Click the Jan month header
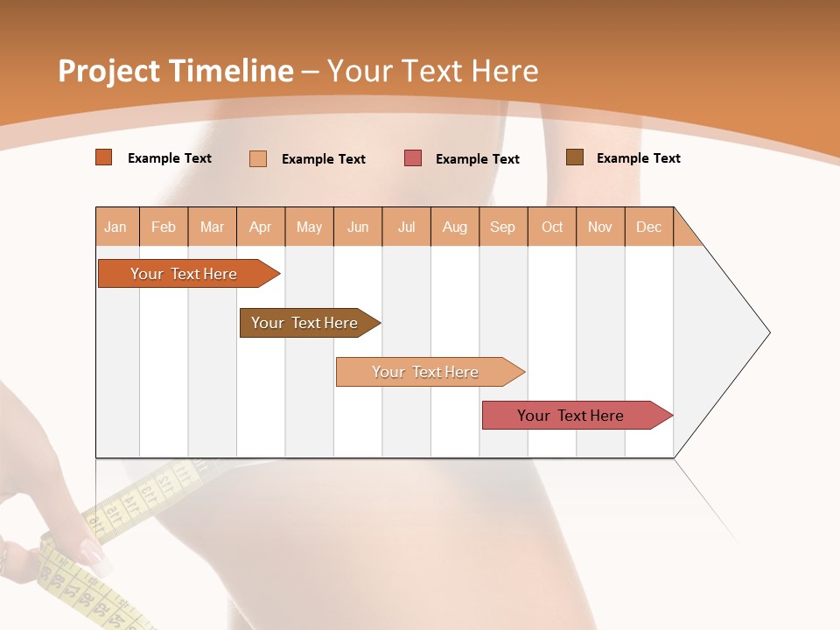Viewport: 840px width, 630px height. coord(115,227)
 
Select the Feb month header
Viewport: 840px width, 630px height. coord(164,227)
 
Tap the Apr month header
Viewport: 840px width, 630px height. coord(261,227)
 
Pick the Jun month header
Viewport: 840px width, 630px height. coord(358,227)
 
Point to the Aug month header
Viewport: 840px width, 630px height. coord(455,227)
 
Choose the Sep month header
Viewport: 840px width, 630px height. coord(503,227)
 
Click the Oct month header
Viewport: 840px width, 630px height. coord(552,227)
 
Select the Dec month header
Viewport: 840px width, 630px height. coord(649,227)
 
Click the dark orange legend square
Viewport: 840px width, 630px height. coord(104,157)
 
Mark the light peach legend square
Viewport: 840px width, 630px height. coord(258,158)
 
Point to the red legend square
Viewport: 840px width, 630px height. coord(413,158)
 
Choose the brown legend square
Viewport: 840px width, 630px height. coord(575,157)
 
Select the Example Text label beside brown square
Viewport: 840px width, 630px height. coord(638,158)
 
